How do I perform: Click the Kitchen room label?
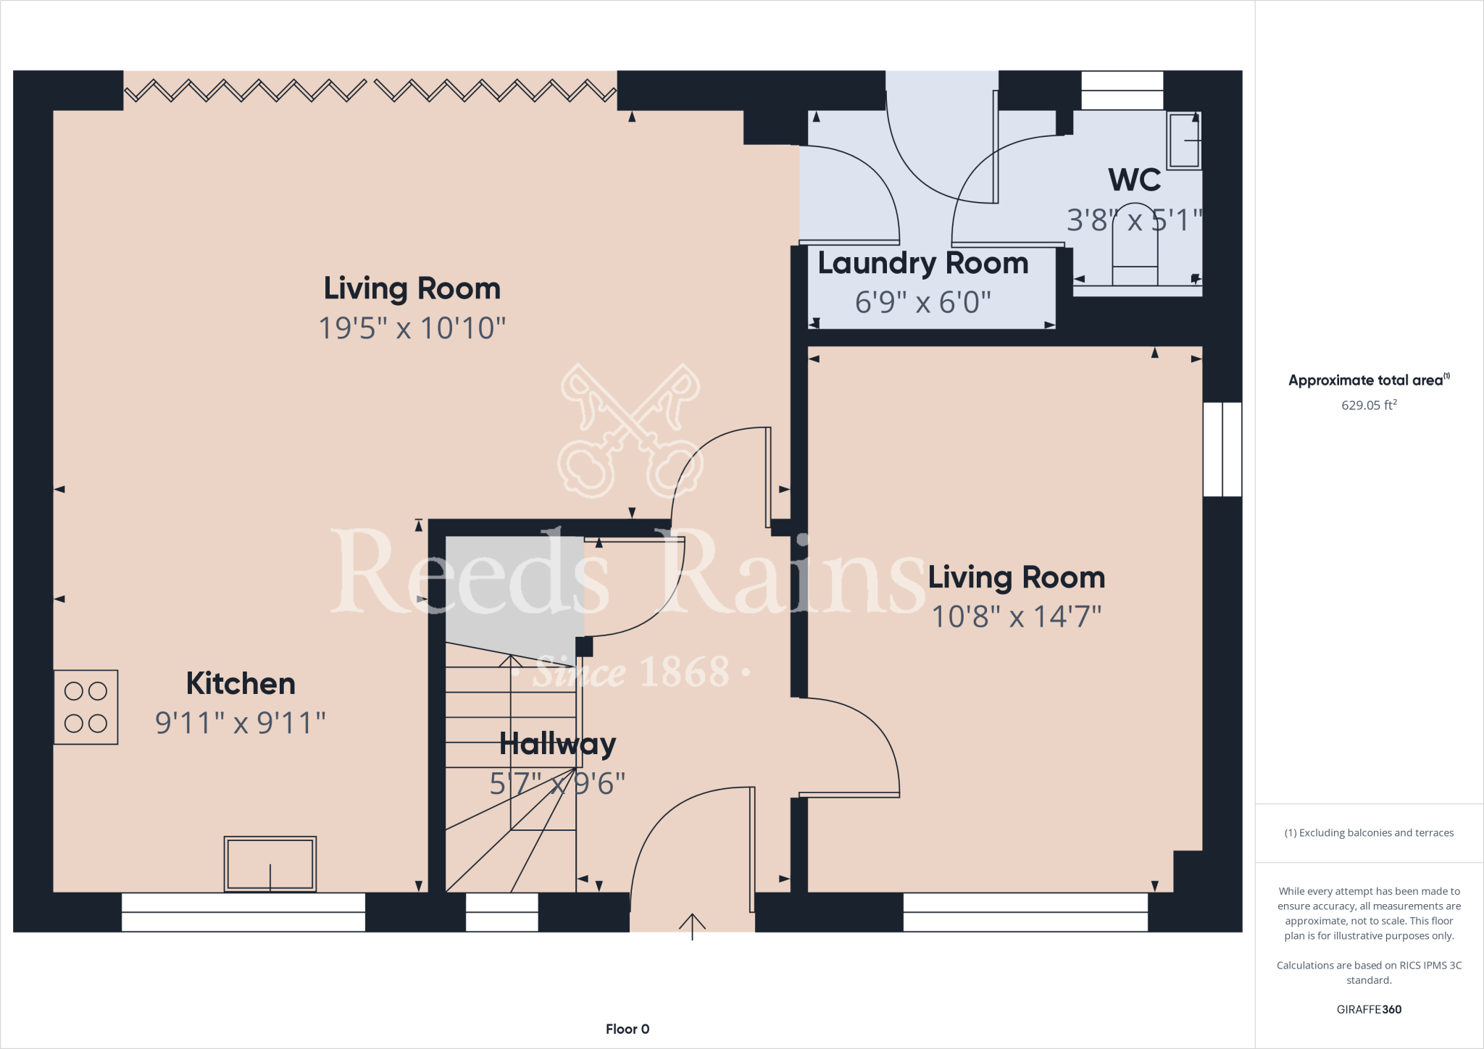pos(241,684)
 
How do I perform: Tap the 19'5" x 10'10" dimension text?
pos(412,328)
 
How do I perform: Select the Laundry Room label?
pos(922,264)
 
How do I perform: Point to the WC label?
pos(1134,180)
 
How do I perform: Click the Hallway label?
pos(557,744)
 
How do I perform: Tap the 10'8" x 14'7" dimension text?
pos(1016,617)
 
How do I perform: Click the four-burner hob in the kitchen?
pos(86,707)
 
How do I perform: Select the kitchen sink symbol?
pos(270,864)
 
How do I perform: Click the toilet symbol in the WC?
pos(1135,254)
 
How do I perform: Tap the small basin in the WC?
pos(1183,141)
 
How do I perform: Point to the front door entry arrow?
pos(692,925)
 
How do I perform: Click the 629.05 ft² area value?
pos(1368,405)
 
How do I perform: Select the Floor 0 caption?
pos(628,1029)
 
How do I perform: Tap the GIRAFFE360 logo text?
pos(1368,1009)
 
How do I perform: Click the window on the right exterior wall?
pos(1222,449)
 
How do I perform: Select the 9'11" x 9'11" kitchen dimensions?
pos(241,723)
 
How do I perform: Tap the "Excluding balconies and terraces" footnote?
pos(1368,833)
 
